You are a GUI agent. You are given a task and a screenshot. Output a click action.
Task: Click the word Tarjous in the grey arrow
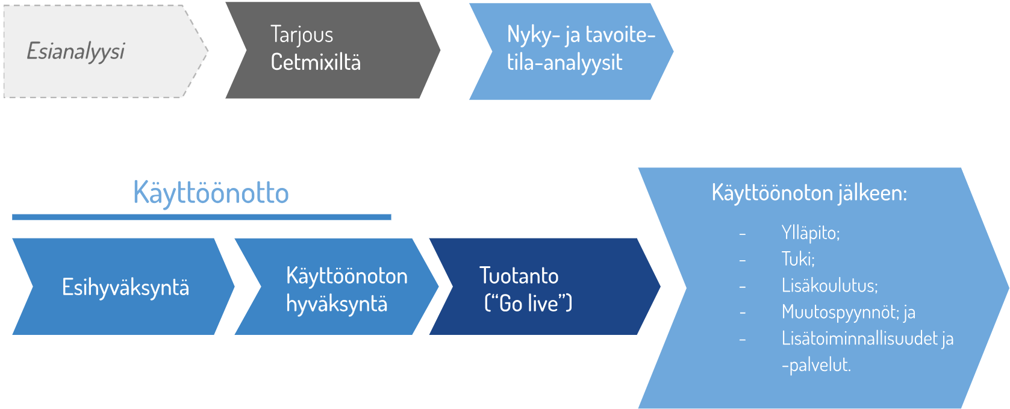pos(302,36)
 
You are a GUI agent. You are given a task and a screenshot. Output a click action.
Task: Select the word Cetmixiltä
pos(316,62)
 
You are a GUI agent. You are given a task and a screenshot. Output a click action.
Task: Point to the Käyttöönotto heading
pos(211,193)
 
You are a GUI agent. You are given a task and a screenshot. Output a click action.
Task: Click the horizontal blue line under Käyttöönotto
pos(202,217)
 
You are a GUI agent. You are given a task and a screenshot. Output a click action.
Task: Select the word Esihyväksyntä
pos(125,288)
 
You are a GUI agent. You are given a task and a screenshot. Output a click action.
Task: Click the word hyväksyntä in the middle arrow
pos(337,304)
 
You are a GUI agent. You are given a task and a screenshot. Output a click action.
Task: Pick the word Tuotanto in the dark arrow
pos(519,276)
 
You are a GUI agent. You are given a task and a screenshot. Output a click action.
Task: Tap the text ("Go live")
pos(528,303)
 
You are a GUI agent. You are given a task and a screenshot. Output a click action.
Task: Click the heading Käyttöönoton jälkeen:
pos(809,193)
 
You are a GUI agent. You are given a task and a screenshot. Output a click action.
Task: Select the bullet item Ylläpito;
pos(810,233)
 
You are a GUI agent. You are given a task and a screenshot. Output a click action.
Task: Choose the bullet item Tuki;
pos(797,259)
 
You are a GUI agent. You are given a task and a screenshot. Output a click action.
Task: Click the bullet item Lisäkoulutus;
pos(830,286)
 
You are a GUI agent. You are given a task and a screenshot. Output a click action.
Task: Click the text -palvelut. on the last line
pos(816,365)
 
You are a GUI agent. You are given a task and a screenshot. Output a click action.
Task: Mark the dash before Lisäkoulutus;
pos(743,287)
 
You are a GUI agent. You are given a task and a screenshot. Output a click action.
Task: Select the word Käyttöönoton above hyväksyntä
pos(347,276)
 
